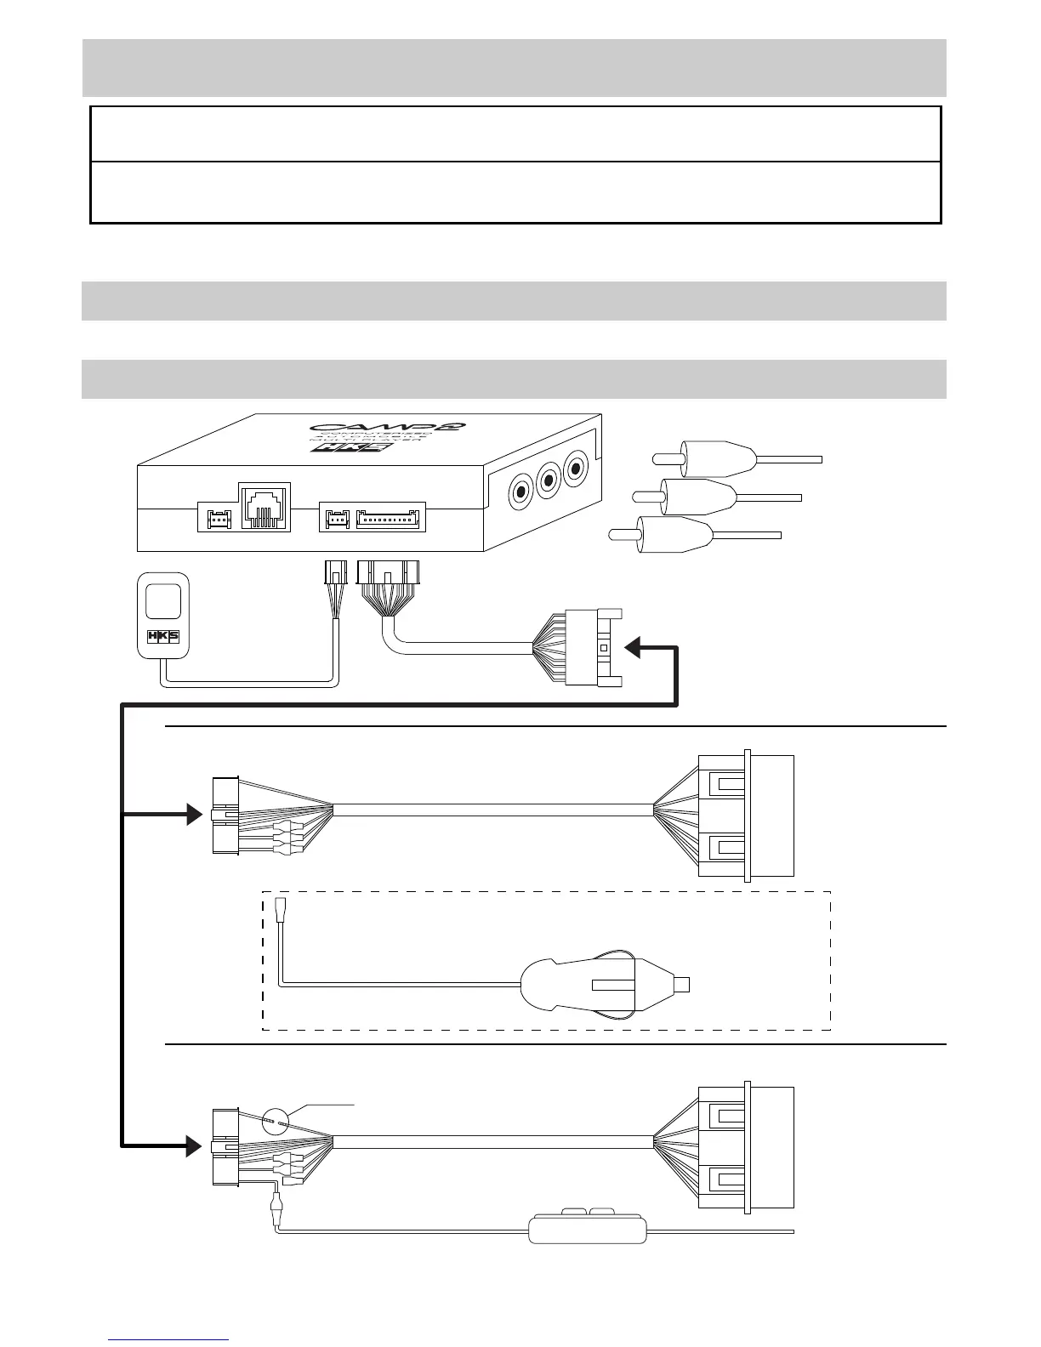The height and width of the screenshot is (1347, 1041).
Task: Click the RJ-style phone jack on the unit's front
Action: (x=265, y=507)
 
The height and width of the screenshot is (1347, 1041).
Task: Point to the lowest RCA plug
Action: (x=677, y=535)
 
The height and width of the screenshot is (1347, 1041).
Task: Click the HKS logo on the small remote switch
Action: (x=162, y=635)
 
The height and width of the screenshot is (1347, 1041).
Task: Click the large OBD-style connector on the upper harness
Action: (x=746, y=816)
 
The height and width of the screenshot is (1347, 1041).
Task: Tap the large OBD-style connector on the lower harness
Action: (x=746, y=1147)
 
